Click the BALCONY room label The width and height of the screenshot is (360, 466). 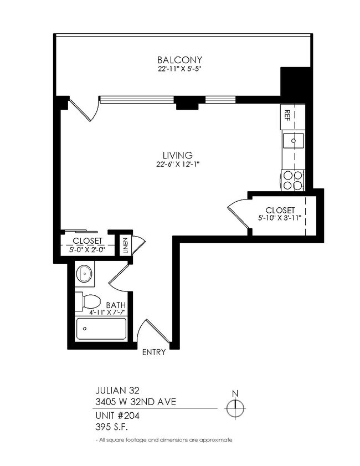(179, 60)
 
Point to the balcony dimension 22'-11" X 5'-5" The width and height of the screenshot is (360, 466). (179, 70)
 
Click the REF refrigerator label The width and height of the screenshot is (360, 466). (287, 115)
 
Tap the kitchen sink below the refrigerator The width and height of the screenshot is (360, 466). (293, 141)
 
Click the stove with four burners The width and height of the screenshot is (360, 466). (293, 178)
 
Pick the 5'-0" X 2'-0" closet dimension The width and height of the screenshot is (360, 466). (88, 250)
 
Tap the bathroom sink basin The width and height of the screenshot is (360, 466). (84, 273)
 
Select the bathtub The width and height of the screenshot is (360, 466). (101, 329)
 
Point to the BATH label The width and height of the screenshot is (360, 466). (116, 306)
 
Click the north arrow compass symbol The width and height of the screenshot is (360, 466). (235, 408)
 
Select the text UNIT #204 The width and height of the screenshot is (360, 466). (116, 415)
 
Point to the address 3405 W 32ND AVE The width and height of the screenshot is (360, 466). (135, 402)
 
